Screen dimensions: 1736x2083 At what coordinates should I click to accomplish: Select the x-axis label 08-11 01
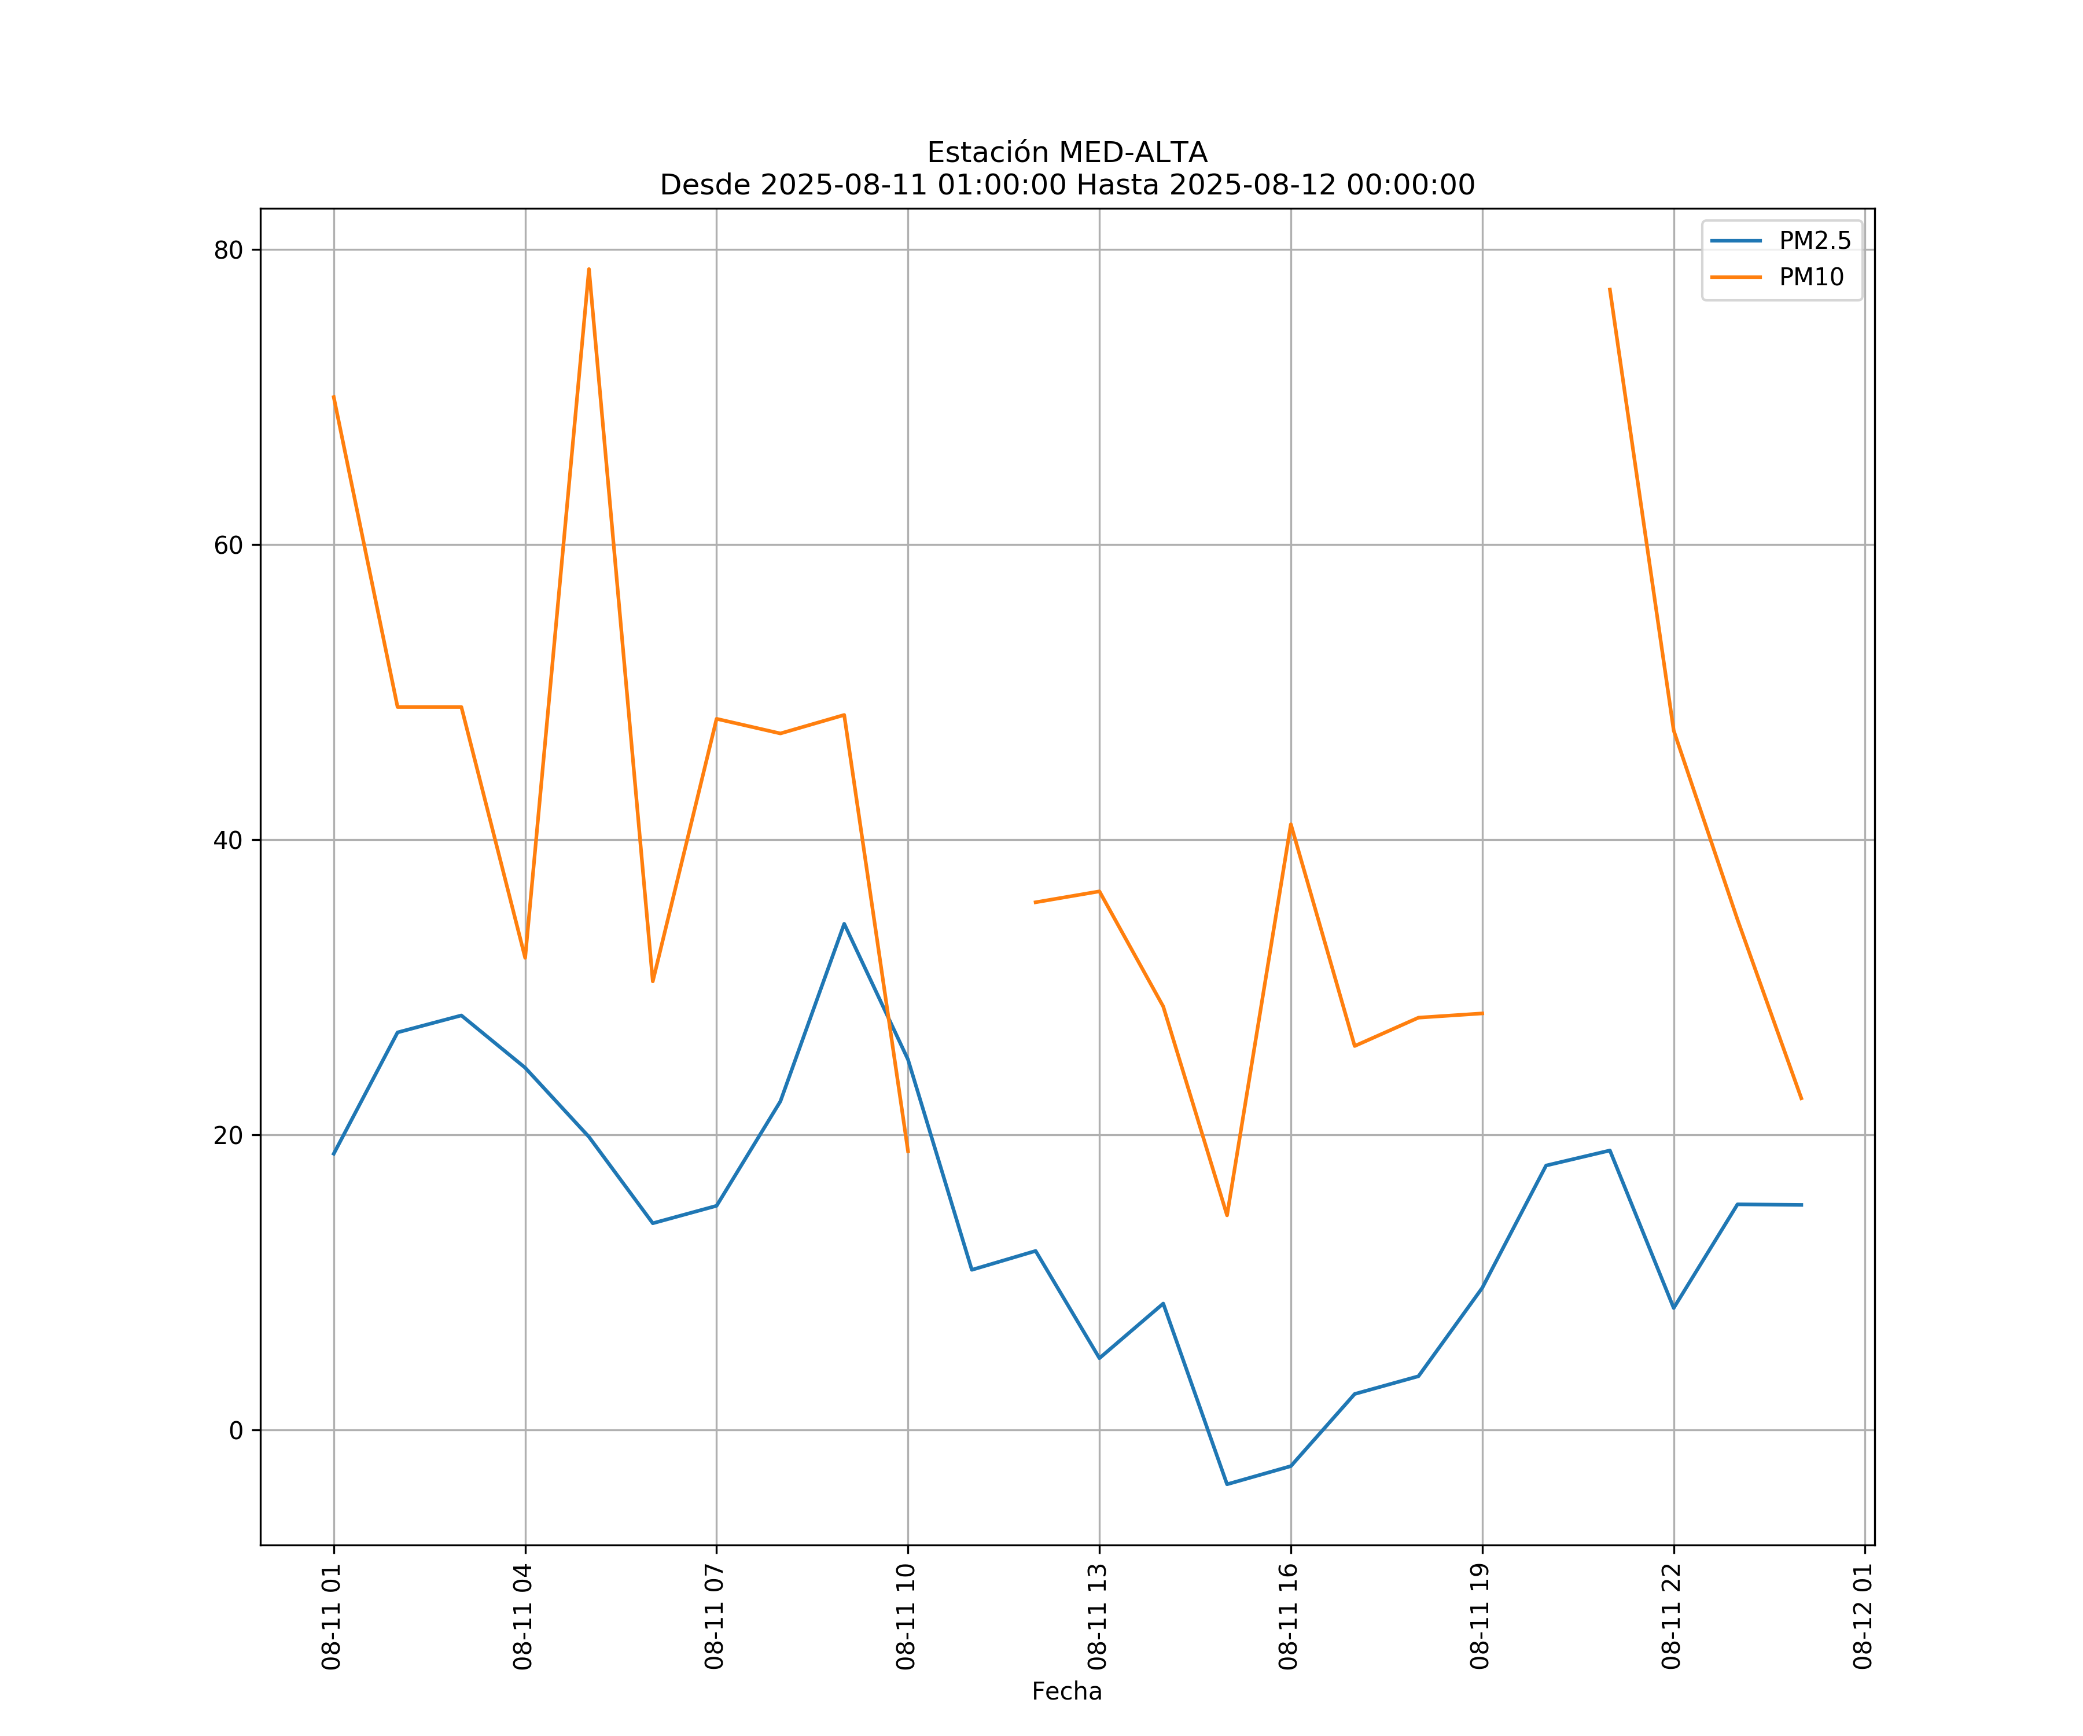pyautogui.click(x=332, y=1617)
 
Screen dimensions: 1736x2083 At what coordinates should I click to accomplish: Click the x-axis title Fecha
pyautogui.click(x=1066, y=1691)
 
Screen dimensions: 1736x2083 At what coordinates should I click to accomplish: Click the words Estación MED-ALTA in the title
pyautogui.click(x=1066, y=153)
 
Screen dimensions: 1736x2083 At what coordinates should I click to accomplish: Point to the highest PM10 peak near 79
pyautogui.click(x=589, y=269)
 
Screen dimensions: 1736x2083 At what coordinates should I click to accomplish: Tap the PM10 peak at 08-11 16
pyautogui.click(x=1290, y=825)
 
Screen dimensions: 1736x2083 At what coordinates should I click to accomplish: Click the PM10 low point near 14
pyautogui.click(x=1227, y=1215)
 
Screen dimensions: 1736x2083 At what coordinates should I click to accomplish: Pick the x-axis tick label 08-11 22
pyautogui.click(x=1672, y=1617)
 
